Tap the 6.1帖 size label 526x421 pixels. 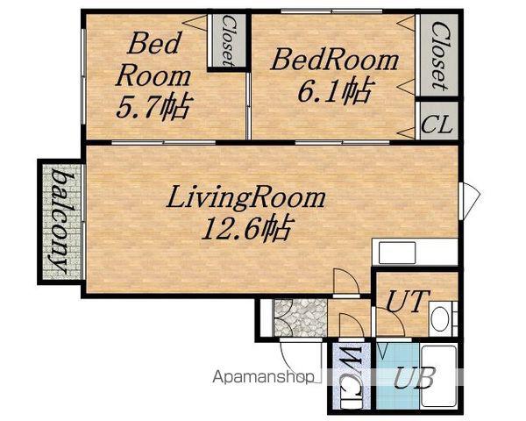[x=335, y=90]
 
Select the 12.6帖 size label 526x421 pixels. [x=247, y=228]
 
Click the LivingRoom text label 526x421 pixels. [x=245, y=199]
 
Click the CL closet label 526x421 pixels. [x=437, y=125]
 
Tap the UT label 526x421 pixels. [x=408, y=301]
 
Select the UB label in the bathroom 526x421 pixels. [x=415, y=377]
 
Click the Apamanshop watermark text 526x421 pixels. [x=264, y=376]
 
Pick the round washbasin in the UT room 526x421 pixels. [x=440, y=319]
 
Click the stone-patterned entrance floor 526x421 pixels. [x=300, y=318]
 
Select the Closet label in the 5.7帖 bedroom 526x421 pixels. [x=227, y=41]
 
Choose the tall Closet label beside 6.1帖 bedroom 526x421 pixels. [x=439, y=56]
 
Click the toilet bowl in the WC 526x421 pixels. [x=352, y=400]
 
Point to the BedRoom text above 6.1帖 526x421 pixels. [x=335, y=60]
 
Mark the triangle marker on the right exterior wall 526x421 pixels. [x=470, y=201]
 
